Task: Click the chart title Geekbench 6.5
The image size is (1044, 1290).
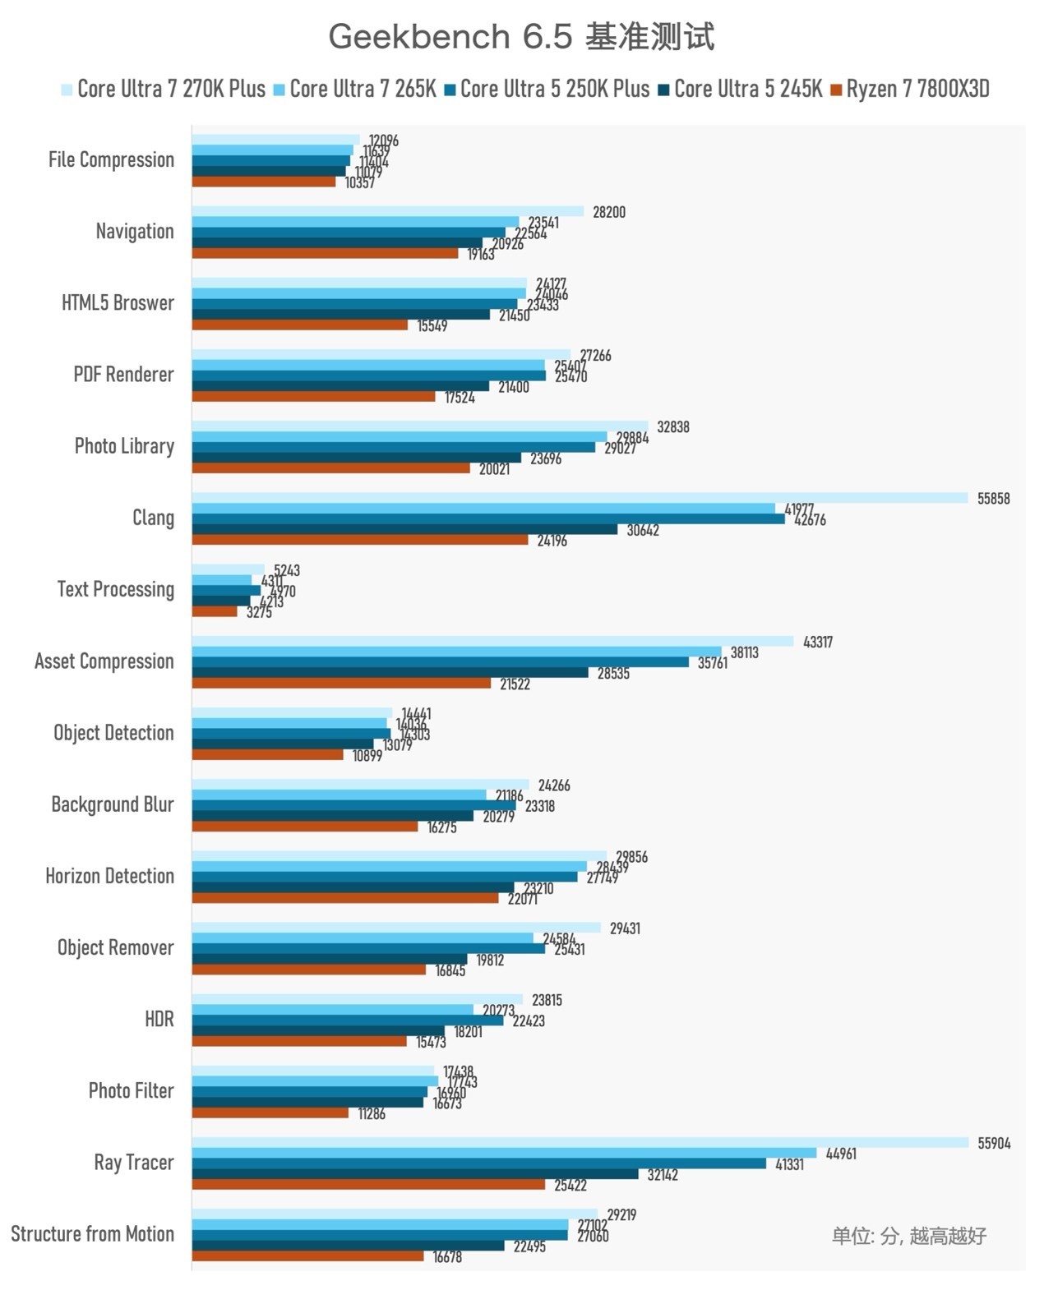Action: [521, 37]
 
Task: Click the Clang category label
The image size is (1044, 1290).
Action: [153, 518]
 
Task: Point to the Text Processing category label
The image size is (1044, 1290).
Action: [115, 589]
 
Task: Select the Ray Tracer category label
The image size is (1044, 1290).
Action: [133, 1162]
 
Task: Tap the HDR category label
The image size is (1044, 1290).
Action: [159, 1019]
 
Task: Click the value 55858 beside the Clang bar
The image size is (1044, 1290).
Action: [993, 499]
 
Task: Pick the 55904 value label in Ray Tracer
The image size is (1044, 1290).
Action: [994, 1143]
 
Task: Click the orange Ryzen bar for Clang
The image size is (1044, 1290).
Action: [360, 540]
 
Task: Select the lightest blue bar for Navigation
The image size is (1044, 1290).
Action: [388, 211]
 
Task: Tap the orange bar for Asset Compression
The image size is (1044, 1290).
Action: [341, 683]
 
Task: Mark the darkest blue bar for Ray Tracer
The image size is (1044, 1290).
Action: [415, 1174]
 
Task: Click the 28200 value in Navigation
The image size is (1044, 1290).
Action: [608, 212]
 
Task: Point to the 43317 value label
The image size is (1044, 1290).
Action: [817, 642]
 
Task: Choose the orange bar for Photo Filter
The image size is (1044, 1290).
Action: [270, 1113]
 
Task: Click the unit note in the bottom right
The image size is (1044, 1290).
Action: [908, 1235]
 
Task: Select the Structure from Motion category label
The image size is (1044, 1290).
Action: [92, 1233]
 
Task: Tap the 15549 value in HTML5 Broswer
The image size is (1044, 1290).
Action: [432, 326]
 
